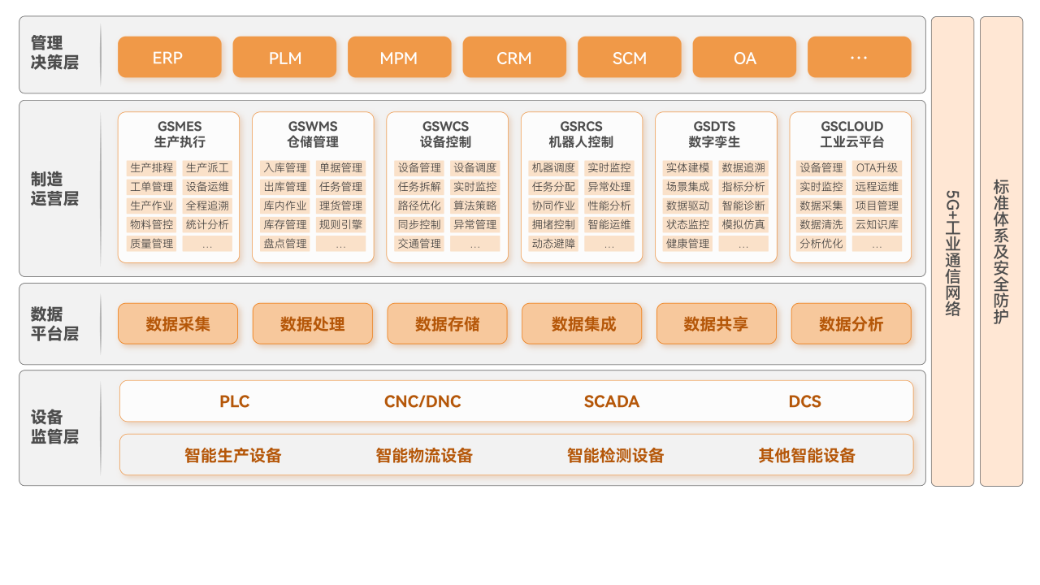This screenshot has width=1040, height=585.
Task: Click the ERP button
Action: click(x=170, y=57)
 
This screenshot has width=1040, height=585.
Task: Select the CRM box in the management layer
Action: click(x=514, y=57)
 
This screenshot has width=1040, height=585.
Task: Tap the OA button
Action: click(x=744, y=57)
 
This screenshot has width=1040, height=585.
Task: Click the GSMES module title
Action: click(x=180, y=134)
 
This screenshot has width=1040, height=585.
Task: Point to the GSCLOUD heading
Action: click(x=852, y=134)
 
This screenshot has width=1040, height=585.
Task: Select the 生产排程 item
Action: click(x=151, y=167)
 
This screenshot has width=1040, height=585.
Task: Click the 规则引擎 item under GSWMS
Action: click(x=340, y=225)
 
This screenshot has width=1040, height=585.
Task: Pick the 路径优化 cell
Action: click(x=419, y=206)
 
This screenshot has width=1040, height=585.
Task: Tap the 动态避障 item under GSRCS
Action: click(x=553, y=244)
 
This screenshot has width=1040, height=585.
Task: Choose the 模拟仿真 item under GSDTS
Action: click(x=743, y=225)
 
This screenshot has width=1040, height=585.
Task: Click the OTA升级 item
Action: click(x=877, y=167)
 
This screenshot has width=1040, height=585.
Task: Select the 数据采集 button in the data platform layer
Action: click(x=178, y=323)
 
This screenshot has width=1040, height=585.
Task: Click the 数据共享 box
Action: click(x=717, y=323)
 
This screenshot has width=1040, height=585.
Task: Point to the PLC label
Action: click(x=235, y=401)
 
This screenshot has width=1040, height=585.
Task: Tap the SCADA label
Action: click(x=612, y=401)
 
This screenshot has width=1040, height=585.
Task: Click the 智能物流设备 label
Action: click(x=424, y=456)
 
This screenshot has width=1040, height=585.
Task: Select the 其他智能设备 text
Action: click(x=807, y=456)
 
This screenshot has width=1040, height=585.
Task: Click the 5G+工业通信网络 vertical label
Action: click(x=953, y=253)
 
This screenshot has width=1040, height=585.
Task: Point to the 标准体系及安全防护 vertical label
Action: click(x=1001, y=252)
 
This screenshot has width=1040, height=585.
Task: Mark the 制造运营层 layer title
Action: click(x=54, y=188)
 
